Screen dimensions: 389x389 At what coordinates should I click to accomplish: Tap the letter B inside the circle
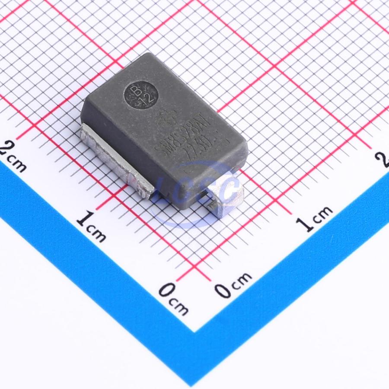pyautogui.click(x=134, y=90)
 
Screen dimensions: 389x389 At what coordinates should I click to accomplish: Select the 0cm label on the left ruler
pyautogui.click(x=173, y=298)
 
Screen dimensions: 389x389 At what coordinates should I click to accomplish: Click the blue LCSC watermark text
pyautogui.click(x=199, y=190)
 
